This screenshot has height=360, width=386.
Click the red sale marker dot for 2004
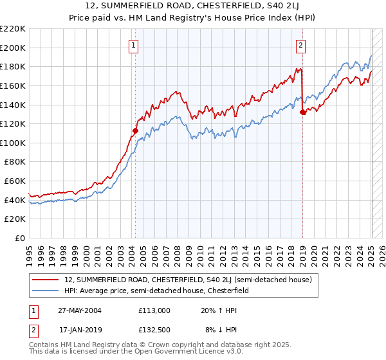coord(135,130)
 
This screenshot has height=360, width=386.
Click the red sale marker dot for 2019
coord(302,112)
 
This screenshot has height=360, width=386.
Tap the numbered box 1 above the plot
coord(133,45)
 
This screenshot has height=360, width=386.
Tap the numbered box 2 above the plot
coord(300,45)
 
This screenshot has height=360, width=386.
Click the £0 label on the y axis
coord(20,238)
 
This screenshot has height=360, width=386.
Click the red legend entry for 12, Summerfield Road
coord(188,280)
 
